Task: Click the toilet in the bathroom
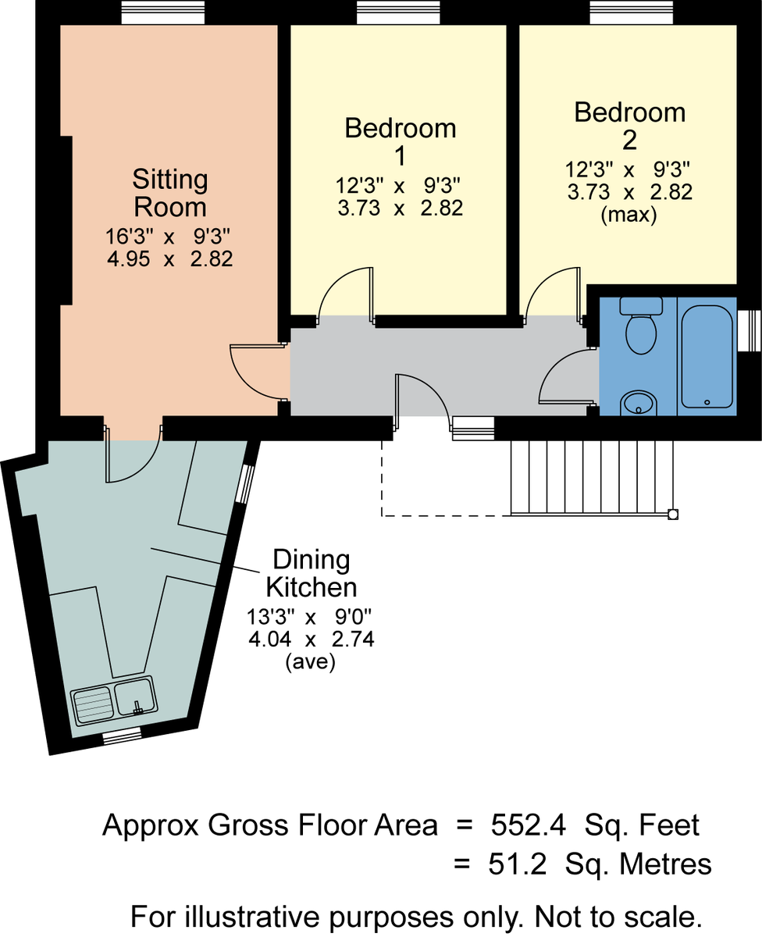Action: point(641,326)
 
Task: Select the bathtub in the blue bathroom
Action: point(707,356)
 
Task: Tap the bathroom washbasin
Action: point(639,403)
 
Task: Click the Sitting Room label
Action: point(170,193)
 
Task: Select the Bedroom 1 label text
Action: point(400,141)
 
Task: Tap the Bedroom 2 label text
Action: point(629,126)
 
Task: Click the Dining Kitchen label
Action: point(312,573)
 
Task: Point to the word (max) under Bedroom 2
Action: point(628,215)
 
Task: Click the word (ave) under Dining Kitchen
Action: point(311,661)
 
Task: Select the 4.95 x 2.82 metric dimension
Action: point(169,258)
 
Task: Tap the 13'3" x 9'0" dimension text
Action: point(309,617)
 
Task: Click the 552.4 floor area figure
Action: point(528,825)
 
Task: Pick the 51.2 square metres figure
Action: point(518,864)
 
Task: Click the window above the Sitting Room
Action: point(162,12)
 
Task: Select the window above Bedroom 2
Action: point(631,12)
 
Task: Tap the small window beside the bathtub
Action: point(750,331)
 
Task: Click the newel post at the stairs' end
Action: point(673,515)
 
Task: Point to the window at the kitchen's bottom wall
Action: point(123,736)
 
